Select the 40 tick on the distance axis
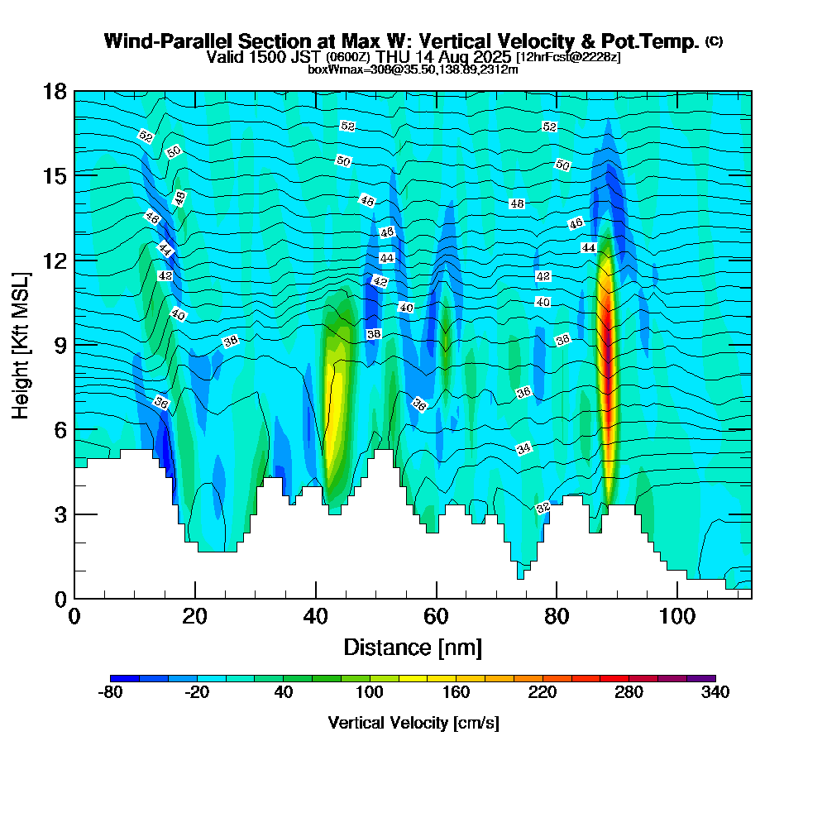[x=315, y=616]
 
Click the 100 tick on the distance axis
[x=677, y=616]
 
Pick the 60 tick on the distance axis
[x=436, y=616]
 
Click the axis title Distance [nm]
[x=413, y=647]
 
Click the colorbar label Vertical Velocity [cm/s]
[x=413, y=723]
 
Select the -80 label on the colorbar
[x=110, y=693]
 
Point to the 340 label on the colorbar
[x=715, y=693]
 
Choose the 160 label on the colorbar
[x=456, y=693]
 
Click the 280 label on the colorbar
[x=629, y=693]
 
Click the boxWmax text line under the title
[x=413, y=69]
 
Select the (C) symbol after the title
[x=714, y=41]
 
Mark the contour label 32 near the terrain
[x=543, y=508]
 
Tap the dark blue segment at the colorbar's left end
[x=125, y=678]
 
